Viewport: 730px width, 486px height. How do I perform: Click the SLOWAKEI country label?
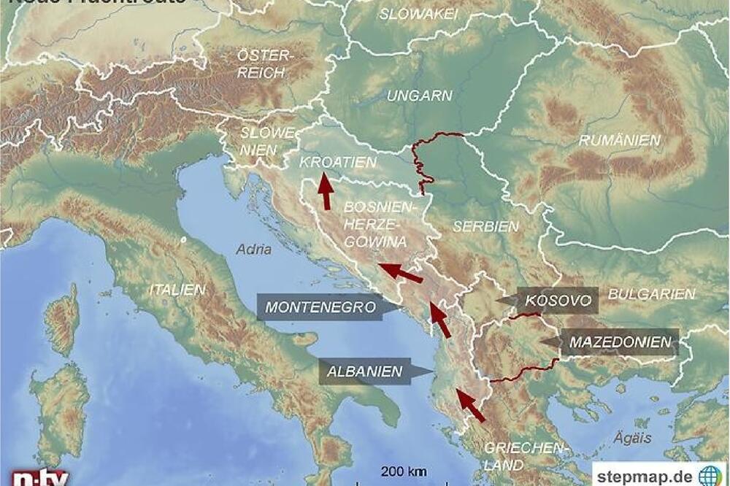[419, 14]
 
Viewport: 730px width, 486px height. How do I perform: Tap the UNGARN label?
[419, 96]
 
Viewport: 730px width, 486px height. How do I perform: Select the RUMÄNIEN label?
[620, 140]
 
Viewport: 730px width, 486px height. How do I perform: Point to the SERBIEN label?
[485, 226]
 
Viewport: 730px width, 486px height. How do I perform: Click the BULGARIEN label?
[651, 294]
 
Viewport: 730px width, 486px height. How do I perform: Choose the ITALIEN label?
[177, 290]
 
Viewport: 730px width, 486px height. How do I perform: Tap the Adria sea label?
[253, 250]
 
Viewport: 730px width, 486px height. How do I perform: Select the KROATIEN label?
[337, 162]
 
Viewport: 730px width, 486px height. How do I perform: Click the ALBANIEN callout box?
[365, 371]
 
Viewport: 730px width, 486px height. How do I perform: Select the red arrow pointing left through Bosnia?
[401, 273]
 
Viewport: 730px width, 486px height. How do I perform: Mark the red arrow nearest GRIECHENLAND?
[470, 405]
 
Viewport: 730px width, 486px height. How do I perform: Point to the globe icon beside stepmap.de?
[710, 475]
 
